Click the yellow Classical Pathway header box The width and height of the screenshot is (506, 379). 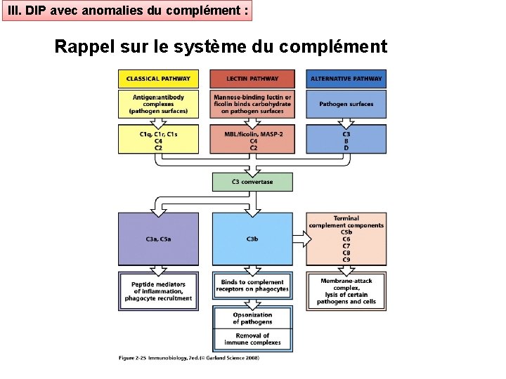[x=158, y=79]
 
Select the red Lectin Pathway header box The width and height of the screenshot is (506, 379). [x=252, y=79]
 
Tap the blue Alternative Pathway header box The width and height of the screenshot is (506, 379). [x=346, y=79]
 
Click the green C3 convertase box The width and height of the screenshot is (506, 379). [x=252, y=182]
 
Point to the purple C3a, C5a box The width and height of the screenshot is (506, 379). [x=158, y=239]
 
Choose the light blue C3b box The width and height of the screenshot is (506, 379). [x=252, y=239]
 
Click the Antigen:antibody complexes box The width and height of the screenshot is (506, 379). [x=158, y=103]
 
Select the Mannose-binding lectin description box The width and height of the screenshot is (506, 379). [x=252, y=103]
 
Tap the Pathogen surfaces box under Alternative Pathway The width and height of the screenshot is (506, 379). [x=346, y=104]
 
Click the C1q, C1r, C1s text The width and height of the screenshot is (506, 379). [x=158, y=133]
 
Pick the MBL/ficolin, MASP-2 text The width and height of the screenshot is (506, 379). [x=252, y=133]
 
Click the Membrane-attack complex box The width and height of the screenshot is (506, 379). [x=346, y=291]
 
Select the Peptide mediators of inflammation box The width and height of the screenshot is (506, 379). [x=158, y=291]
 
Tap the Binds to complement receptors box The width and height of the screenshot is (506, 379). [x=252, y=285]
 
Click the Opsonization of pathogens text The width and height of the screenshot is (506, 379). [x=252, y=318]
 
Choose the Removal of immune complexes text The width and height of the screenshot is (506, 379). [x=252, y=339]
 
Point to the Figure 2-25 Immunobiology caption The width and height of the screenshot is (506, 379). [x=188, y=358]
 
